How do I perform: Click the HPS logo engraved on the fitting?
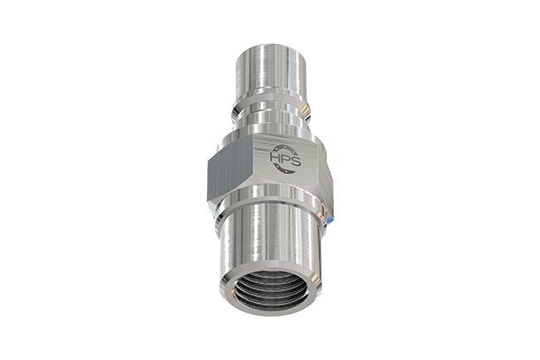[x=284, y=160]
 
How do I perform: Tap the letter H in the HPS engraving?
[x=276, y=161]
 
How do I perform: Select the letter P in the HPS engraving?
[x=284, y=161]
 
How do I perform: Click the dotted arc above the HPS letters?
[x=284, y=147]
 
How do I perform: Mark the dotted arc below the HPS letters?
[x=284, y=172]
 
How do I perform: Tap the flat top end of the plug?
[x=269, y=46]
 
